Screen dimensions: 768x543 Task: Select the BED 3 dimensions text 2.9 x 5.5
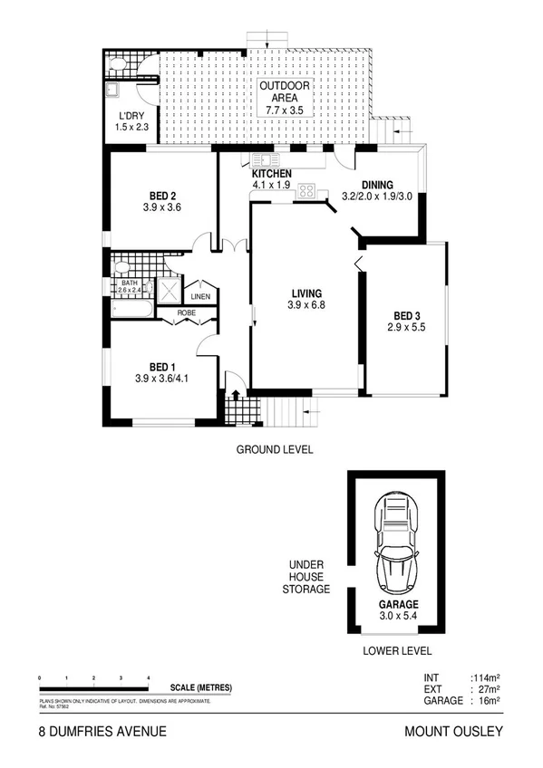(404, 327)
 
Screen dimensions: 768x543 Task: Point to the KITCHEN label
(271, 174)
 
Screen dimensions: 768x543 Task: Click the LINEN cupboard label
(199, 297)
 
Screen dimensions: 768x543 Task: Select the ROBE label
(186, 313)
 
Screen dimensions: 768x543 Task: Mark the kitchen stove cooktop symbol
(307, 191)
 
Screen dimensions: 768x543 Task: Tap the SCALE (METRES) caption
(194, 687)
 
